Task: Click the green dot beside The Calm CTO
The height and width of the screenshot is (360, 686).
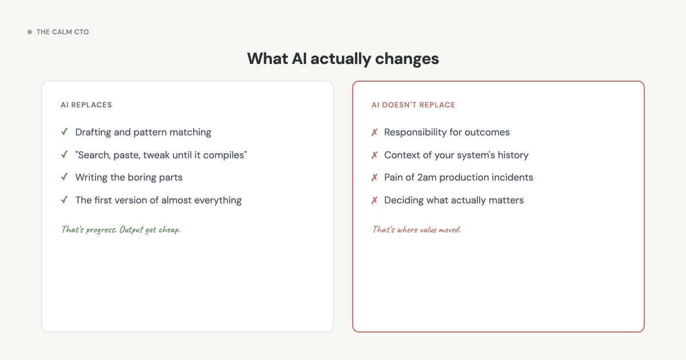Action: click(30, 32)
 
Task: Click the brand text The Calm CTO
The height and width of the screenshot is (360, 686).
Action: click(62, 32)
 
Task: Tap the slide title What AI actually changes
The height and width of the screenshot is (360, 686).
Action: click(343, 58)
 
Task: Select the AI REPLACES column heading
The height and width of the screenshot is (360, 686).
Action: click(86, 105)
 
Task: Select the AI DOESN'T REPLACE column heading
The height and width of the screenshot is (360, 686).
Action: click(413, 105)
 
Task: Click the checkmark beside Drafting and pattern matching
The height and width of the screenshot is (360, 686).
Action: click(65, 132)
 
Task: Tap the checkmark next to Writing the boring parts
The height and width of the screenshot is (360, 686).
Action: click(65, 177)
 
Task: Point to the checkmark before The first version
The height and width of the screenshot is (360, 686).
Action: click(65, 200)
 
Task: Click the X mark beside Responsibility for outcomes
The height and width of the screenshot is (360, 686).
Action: click(374, 133)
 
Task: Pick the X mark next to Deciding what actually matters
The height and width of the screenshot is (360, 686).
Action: click(374, 201)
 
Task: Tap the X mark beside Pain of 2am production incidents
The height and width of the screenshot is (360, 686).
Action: click(374, 178)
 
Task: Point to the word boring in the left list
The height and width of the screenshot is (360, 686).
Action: click(142, 178)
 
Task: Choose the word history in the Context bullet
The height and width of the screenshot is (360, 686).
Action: click(512, 155)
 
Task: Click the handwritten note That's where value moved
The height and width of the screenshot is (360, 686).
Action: click(416, 230)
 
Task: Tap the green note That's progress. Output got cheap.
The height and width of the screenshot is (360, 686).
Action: click(121, 230)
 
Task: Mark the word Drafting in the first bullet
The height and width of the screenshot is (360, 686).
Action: click(93, 133)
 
